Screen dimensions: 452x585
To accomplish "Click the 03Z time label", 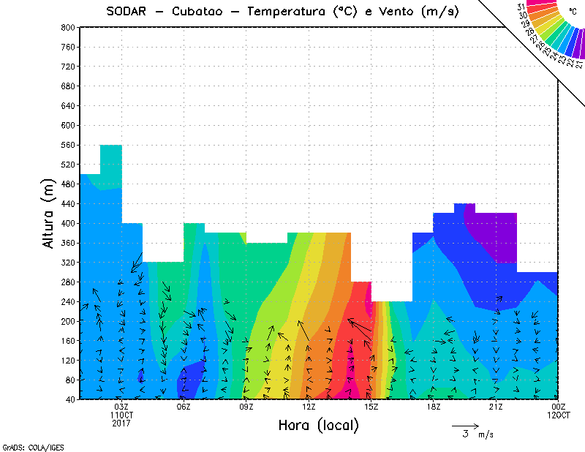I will coord(121,407).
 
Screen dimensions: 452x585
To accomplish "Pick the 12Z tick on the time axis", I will coord(309,407).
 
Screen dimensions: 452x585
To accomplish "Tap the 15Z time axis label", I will coord(371,407).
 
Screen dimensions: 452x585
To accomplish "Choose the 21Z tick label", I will coord(496,407).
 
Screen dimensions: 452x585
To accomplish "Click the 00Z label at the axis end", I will coord(559,407).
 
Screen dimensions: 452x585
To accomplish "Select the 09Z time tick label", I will coord(246,407).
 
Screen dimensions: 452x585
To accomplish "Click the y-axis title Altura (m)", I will coord(49,213).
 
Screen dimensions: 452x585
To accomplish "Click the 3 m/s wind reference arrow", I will coord(465,425).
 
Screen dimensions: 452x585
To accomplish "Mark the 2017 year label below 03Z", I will coord(121,423).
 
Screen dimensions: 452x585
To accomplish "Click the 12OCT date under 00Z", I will coord(559,415).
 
